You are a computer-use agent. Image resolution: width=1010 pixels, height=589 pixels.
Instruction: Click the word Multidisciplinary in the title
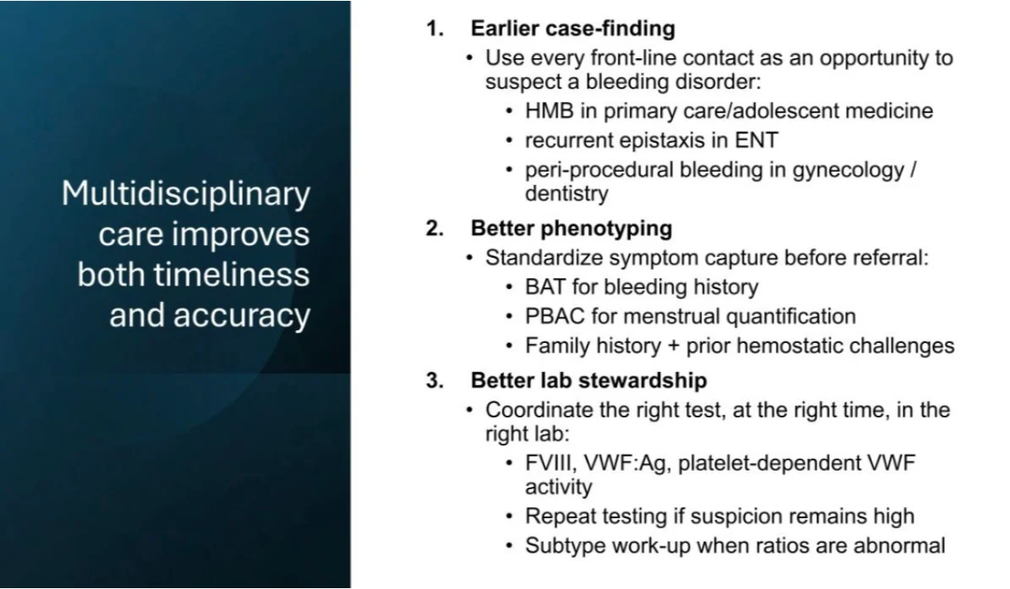click(186, 194)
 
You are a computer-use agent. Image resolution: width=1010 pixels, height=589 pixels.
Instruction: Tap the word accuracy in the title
click(242, 315)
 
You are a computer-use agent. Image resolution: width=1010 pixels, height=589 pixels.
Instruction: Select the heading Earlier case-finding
click(573, 29)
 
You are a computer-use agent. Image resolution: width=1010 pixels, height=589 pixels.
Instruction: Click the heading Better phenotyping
click(571, 228)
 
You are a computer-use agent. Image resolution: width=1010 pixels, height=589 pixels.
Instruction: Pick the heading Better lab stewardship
click(589, 380)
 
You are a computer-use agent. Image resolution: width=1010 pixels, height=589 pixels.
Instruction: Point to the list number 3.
click(435, 380)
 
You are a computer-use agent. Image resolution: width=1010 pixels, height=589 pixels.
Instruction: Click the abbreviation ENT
click(756, 140)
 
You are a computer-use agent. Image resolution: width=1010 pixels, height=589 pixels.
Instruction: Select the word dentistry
click(566, 194)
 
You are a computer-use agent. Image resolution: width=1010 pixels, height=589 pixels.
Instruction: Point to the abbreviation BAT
click(544, 287)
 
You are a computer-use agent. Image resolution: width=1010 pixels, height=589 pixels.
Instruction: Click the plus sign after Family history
click(673, 346)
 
